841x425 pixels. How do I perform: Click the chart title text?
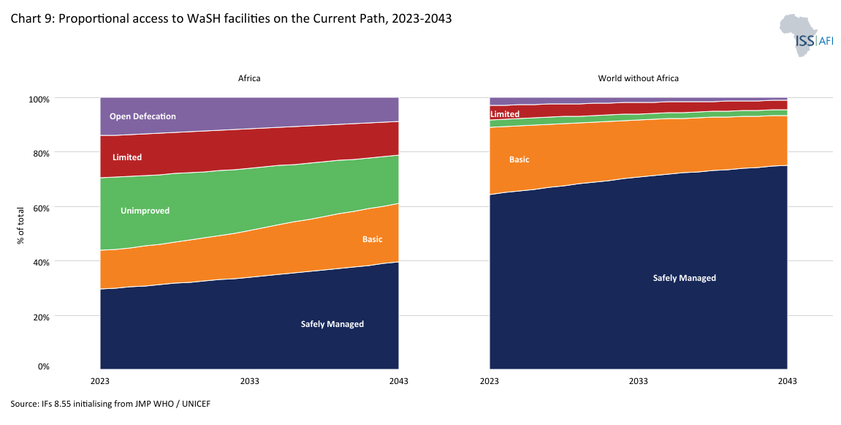click(231, 19)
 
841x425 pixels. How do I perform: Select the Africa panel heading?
click(249, 78)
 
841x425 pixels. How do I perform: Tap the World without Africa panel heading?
click(638, 78)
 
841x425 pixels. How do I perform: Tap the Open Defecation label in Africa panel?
click(142, 116)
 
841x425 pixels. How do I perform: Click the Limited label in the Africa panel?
click(127, 157)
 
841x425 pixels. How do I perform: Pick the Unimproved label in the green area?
click(145, 211)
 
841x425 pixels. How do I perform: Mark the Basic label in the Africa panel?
click(372, 239)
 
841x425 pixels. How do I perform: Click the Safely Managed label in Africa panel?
click(332, 324)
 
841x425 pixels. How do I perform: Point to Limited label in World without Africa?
click(505, 114)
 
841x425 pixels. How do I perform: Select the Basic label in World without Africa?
click(519, 159)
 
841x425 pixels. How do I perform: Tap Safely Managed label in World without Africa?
click(684, 278)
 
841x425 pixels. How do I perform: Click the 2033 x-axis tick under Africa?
click(249, 381)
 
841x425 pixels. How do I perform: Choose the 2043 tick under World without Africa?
click(787, 381)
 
